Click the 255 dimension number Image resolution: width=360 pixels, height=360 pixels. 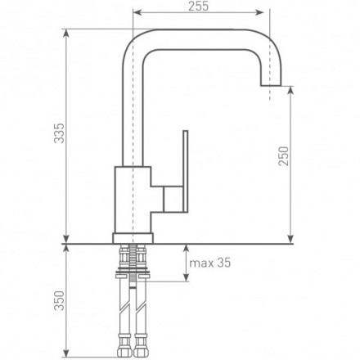pyautogui.click(x=198, y=7)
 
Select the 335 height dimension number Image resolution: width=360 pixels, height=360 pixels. pyautogui.click(x=60, y=133)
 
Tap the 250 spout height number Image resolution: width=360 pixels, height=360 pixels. pyautogui.click(x=284, y=156)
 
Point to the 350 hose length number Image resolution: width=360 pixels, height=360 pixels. pyautogui.click(x=60, y=300)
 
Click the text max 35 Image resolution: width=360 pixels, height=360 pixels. pyautogui.click(x=210, y=263)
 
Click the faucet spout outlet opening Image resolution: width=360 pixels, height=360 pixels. pyautogui.click(x=271, y=85)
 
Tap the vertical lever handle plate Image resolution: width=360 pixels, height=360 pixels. pyautogui.click(x=186, y=171)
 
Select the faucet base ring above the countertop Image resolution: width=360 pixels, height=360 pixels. pyautogui.click(x=133, y=238)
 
